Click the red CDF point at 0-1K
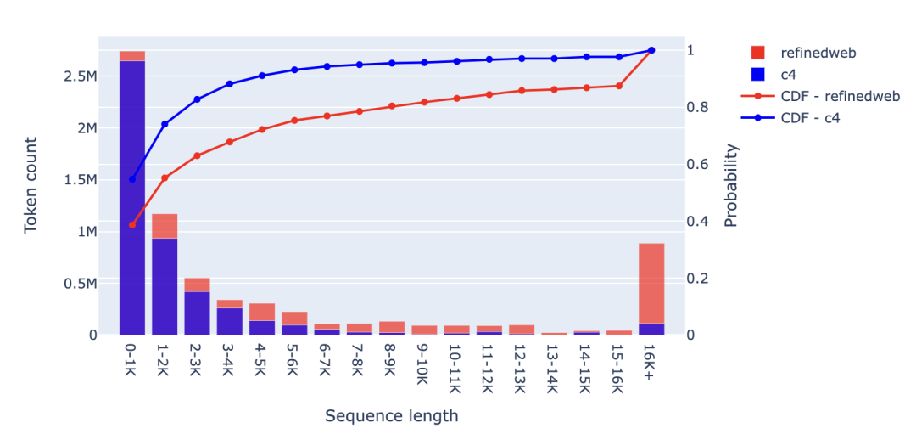click(x=132, y=225)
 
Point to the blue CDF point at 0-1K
click(x=132, y=179)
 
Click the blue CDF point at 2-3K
click(x=197, y=99)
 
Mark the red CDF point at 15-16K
click(x=619, y=86)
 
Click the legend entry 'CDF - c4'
click(x=809, y=119)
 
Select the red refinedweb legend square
click(x=757, y=53)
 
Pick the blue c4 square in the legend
click(x=757, y=75)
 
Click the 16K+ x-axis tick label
click(x=651, y=362)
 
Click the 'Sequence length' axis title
click(x=392, y=415)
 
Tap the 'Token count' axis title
click(x=32, y=185)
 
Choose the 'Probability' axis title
click(x=731, y=185)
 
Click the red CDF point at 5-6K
click(x=294, y=121)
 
